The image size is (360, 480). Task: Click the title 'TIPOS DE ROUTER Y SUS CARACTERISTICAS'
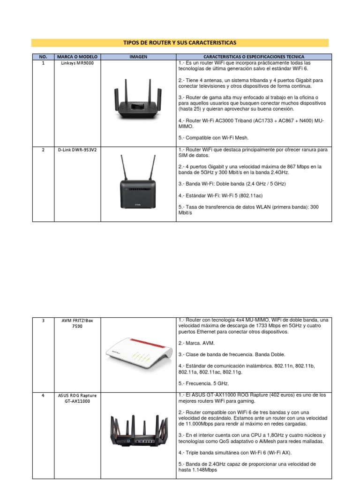click(180, 43)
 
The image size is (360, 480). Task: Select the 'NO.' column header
click(43, 57)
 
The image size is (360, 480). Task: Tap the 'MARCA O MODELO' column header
click(77, 57)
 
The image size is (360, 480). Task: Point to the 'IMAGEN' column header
click(138, 57)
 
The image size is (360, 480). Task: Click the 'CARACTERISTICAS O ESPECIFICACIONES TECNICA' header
click(254, 57)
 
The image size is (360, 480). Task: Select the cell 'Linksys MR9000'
click(77, 63)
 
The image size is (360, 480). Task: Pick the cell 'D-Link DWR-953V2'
click(77, 150)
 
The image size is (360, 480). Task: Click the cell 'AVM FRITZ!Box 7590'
click(77, 323)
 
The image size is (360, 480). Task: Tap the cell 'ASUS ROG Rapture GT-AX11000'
click(77, 398)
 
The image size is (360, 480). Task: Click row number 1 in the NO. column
click(43, 63)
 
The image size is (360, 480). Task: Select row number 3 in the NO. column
click(43, 321)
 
